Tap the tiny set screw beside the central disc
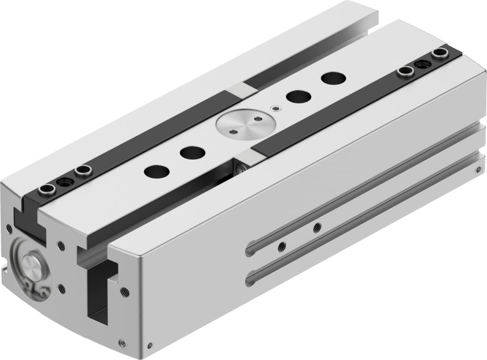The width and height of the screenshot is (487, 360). pyautogui.click(x=276, y=108)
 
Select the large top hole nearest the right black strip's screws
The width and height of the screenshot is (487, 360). pyautogui.click(x=333, y=78)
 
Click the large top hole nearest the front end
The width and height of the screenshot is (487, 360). pyautogui.click(x=156, y=171)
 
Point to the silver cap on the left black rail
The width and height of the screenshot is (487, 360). pyautogui.click(x=243, y=90)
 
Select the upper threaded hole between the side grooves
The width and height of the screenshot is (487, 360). pyautogui.click(x=317, y=227)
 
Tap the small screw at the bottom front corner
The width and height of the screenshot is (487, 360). pyautogui.click(x=123, y=342)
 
